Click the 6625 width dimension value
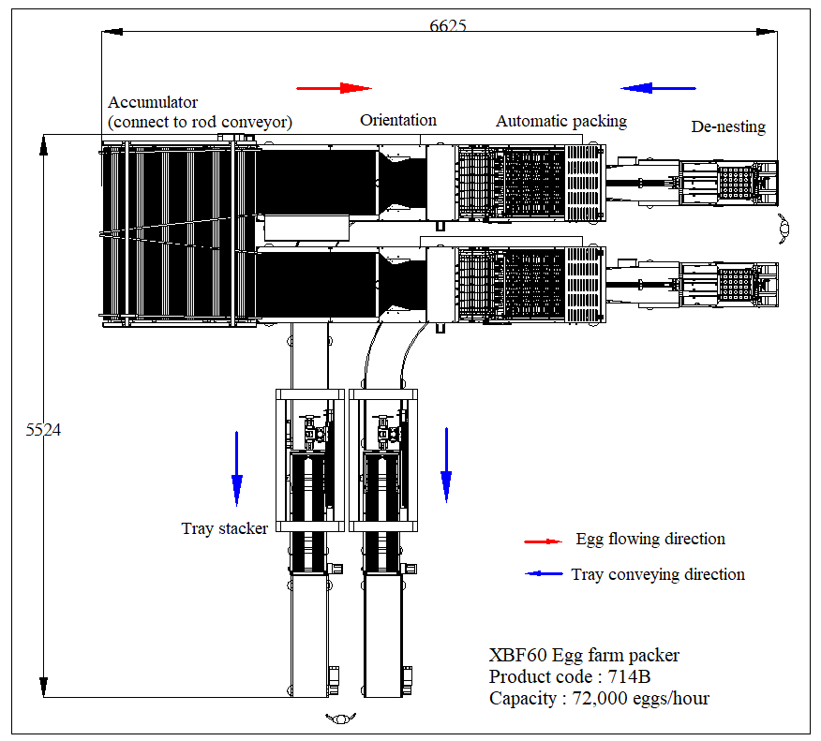click(448, 25)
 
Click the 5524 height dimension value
click(42, 430)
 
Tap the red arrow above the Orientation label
click(335, 88)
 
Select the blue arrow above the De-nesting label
click(659, 88)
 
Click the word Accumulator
click(153, 102)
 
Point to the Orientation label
click(398, 120)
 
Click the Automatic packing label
click(561, 121)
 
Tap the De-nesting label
click(728, 126)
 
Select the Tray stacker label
click(225, 528)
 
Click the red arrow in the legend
click(543, 541)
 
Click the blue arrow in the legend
click(543, 574)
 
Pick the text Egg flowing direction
click(650, 539)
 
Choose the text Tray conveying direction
click(658, 574)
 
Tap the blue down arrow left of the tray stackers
click(237, 466)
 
